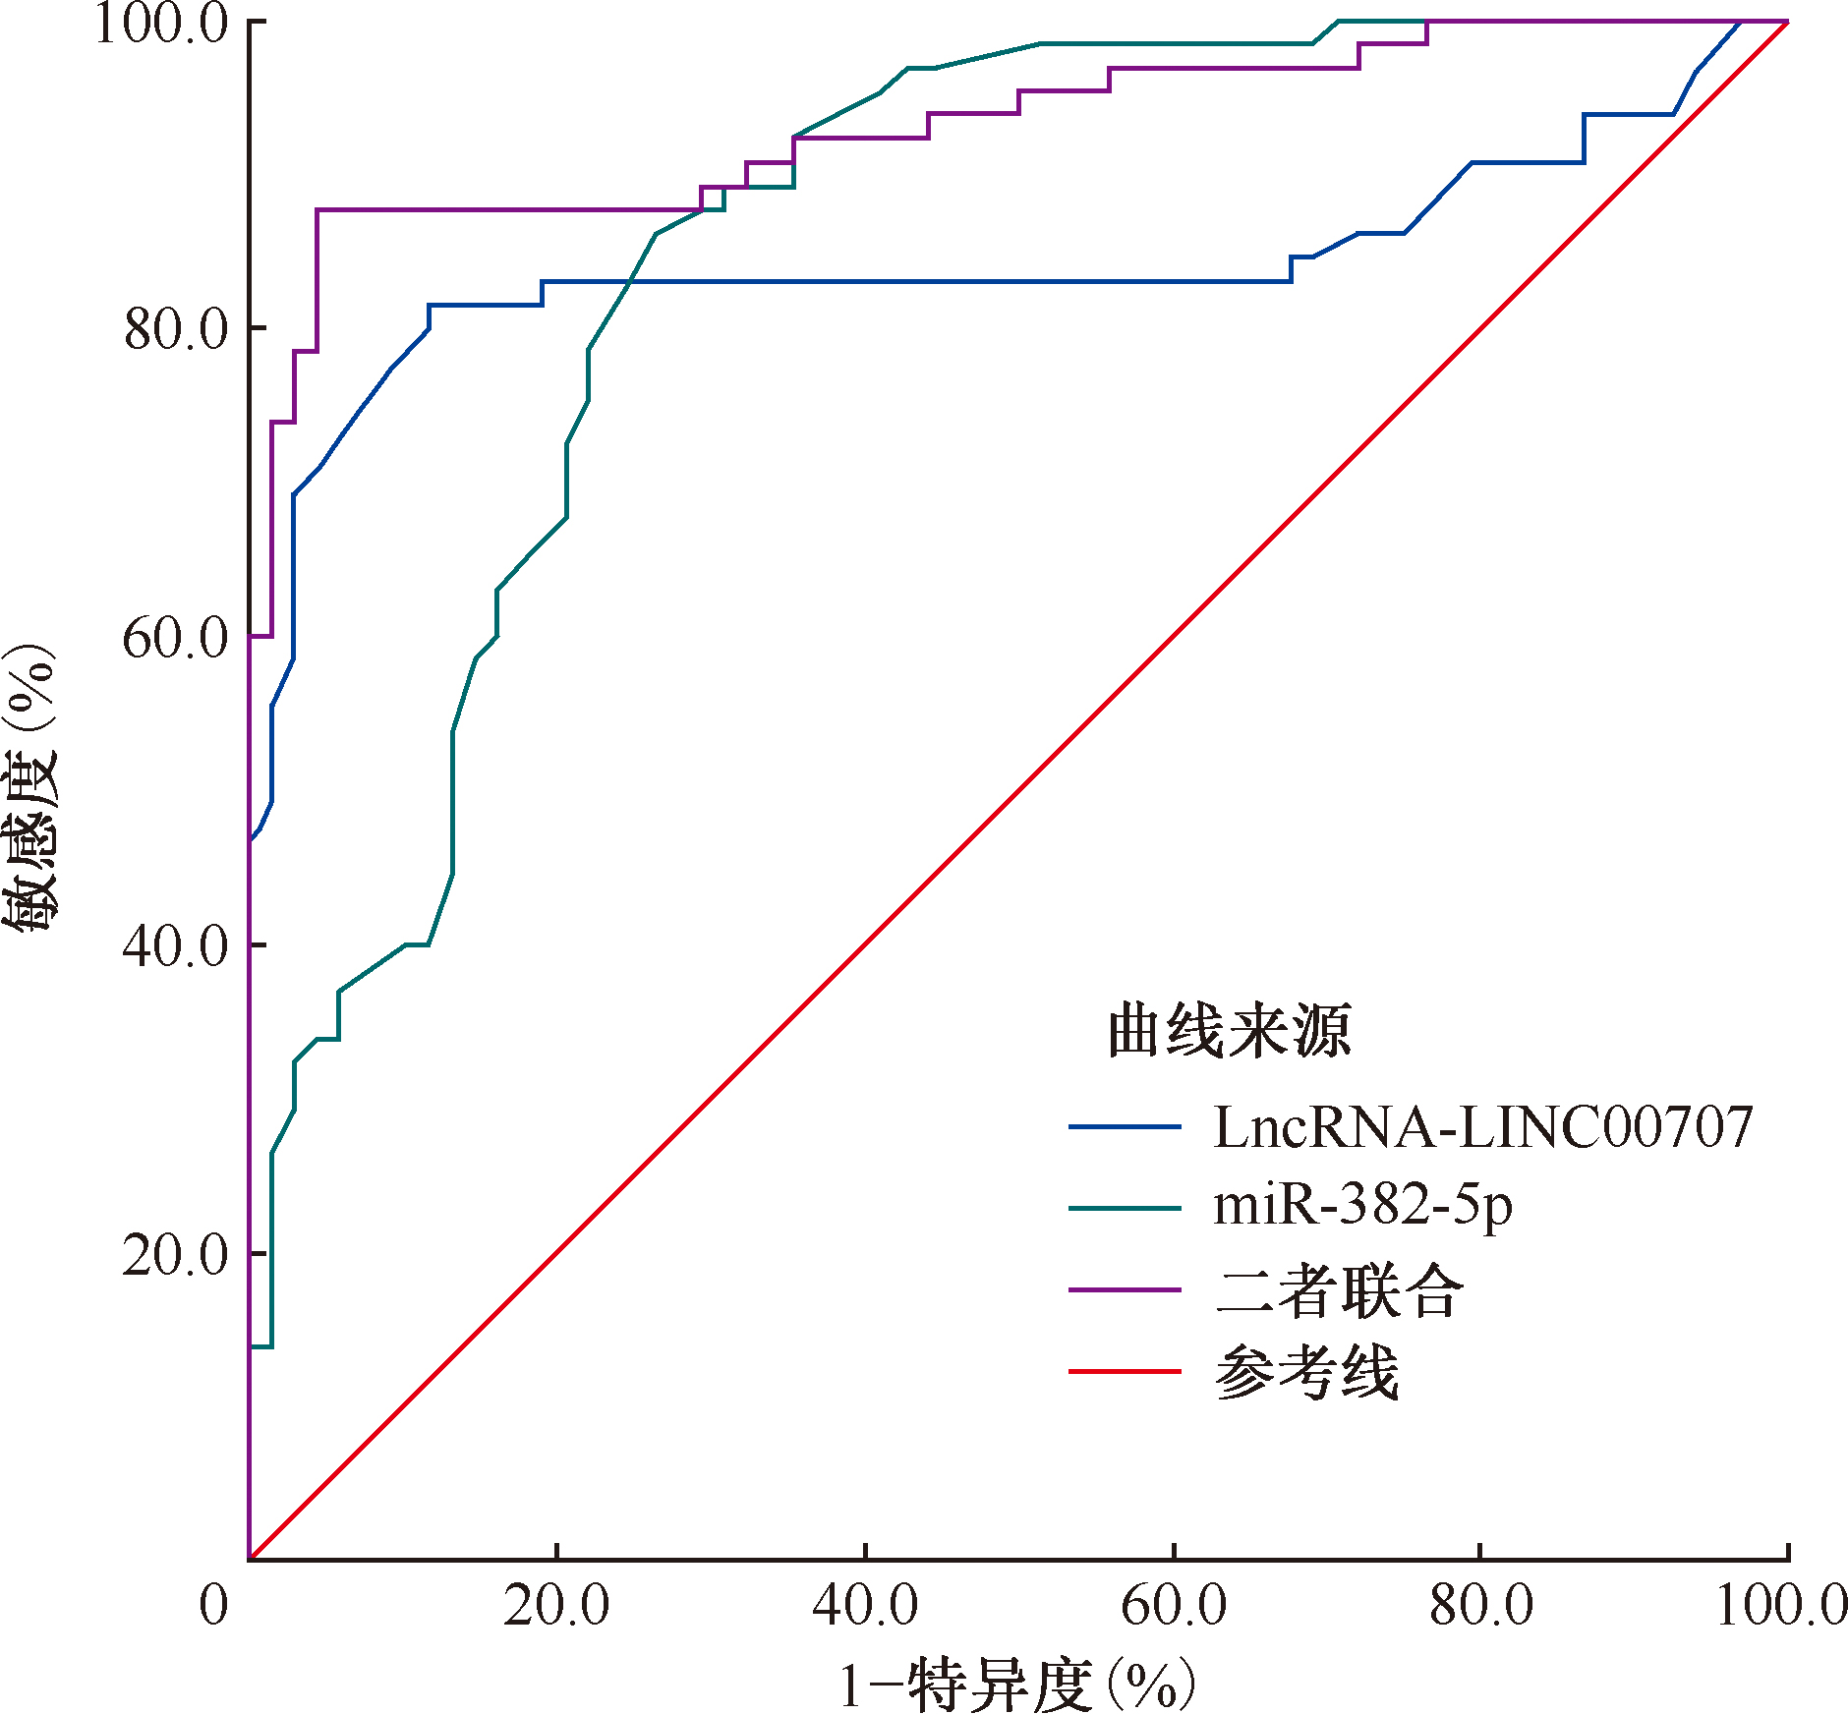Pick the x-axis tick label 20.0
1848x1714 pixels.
click(556, 1606)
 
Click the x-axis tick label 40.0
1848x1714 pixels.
click(865, 1606)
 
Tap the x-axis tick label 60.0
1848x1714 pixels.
click(1174, 1606)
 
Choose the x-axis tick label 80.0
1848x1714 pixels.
click(1481, 1606)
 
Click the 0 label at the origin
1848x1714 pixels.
click(213, 1606)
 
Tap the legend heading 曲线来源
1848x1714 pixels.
click(1229, 1031)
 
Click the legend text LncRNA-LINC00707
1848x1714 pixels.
click(1482, 1126)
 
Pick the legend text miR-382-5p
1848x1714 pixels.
click(1362, 1205)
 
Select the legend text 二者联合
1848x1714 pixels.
click(1339, 1289)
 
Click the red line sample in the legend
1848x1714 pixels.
click(1125, 1371)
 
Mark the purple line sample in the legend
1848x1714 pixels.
click(1125, 1289)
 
